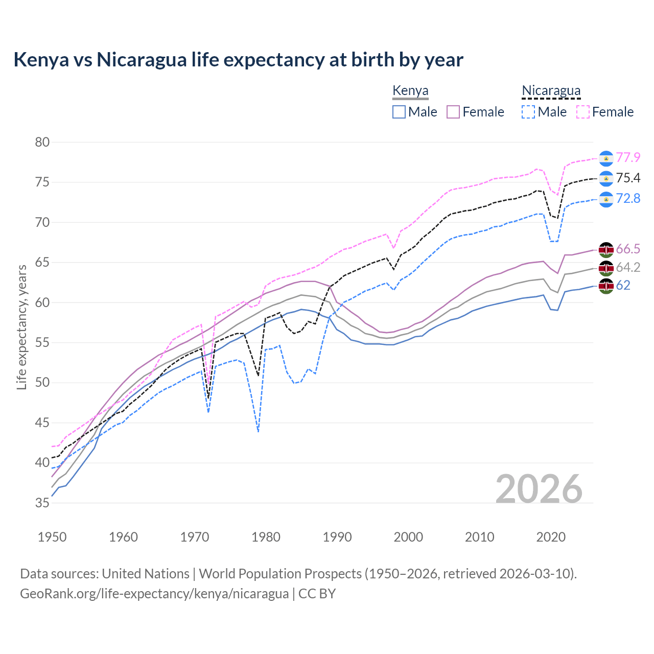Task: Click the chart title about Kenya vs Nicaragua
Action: point(238,60)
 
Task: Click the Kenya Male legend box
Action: point(399,112)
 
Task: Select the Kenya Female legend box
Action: point(453,112)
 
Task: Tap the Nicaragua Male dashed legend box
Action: point(528,112)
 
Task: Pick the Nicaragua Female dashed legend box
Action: point(582,112)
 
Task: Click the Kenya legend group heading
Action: point(410,91)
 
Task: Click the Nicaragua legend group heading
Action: point(551,91)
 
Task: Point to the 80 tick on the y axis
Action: point(42,142)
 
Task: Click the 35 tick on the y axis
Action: point(42,503)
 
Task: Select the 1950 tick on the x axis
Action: point(52,537)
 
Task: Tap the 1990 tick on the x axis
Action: point(337,537)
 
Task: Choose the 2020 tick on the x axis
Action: point(551,537)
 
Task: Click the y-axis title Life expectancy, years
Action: point(21,327)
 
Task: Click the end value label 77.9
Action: point(628,157)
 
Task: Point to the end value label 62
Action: point(623,285)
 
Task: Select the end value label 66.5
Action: point(628,249)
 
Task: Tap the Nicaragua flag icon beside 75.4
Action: point(606,178)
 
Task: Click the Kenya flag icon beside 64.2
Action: point(606,267)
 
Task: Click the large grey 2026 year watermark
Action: point(539,489)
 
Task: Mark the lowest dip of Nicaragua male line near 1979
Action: point(259,432)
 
